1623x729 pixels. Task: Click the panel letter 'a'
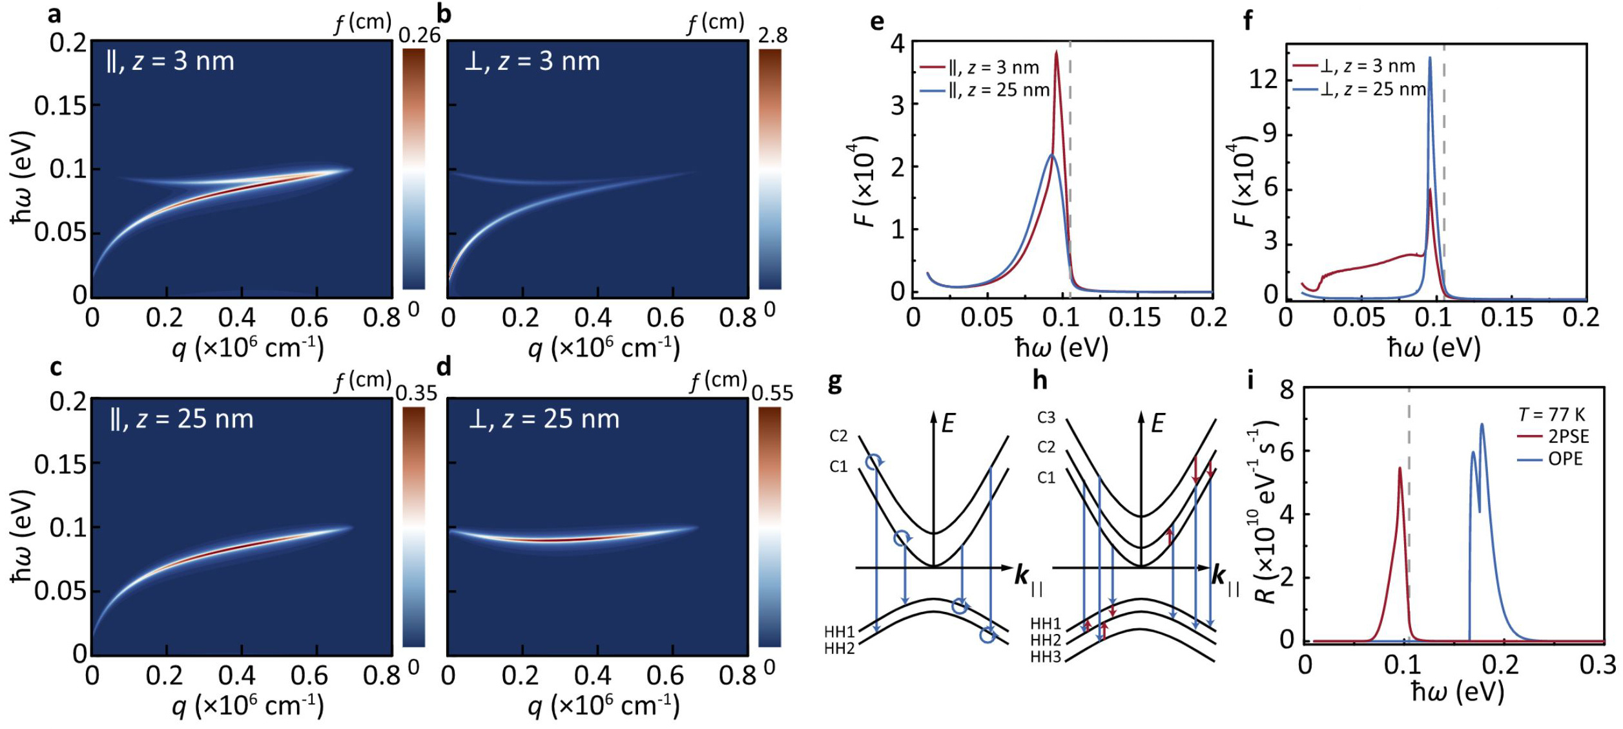(x=54, y=14)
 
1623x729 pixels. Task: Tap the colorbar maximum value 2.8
(x=772, y=36)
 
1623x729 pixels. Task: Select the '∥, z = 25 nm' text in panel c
(x=181, y=419)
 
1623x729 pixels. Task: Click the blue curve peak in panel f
(x=1429, y=58)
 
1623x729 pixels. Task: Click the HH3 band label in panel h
(x=1046, y=658)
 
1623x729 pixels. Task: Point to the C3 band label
(x=1046, y=417)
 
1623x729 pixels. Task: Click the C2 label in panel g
(x=838, y=436)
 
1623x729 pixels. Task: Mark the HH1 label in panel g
(x=839, y=631)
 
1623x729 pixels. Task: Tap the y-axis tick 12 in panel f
(x=1264, y=80)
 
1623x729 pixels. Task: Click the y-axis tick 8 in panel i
(x=1287, y=390)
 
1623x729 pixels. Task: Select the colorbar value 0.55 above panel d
(x=772, y=393)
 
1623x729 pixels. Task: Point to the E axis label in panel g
(x=948, y=424)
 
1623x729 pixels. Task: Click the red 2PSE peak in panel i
(x=1400, y=468)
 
